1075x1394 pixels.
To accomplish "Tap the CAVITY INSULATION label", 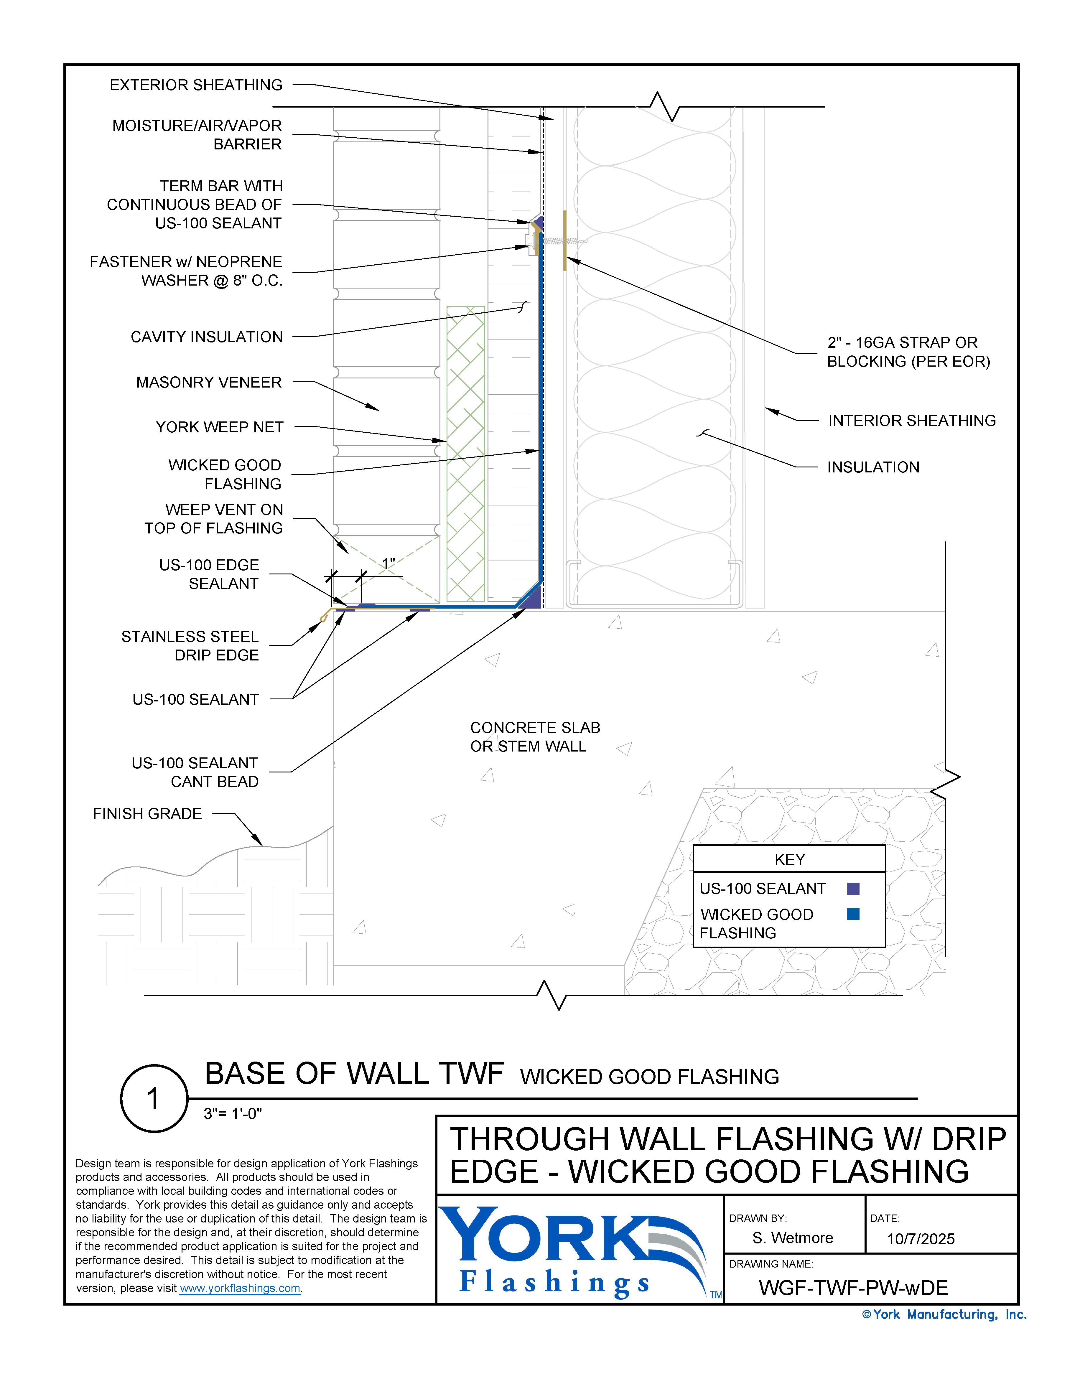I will point(206,337).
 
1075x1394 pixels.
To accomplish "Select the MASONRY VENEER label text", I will point(209,382).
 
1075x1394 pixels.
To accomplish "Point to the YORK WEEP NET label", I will point(220,427).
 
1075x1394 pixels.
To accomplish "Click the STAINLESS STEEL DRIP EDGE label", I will point(190,646).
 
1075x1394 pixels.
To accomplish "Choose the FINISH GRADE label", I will point(147,814).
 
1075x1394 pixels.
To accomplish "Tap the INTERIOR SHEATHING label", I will point(912,421).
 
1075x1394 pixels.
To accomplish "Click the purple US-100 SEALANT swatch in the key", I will point(853,889).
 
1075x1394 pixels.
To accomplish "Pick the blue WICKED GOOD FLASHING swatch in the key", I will point(853,914).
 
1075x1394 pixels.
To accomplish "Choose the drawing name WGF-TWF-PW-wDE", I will point(853,1288).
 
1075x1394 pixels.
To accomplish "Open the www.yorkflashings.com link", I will point(240,1288).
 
